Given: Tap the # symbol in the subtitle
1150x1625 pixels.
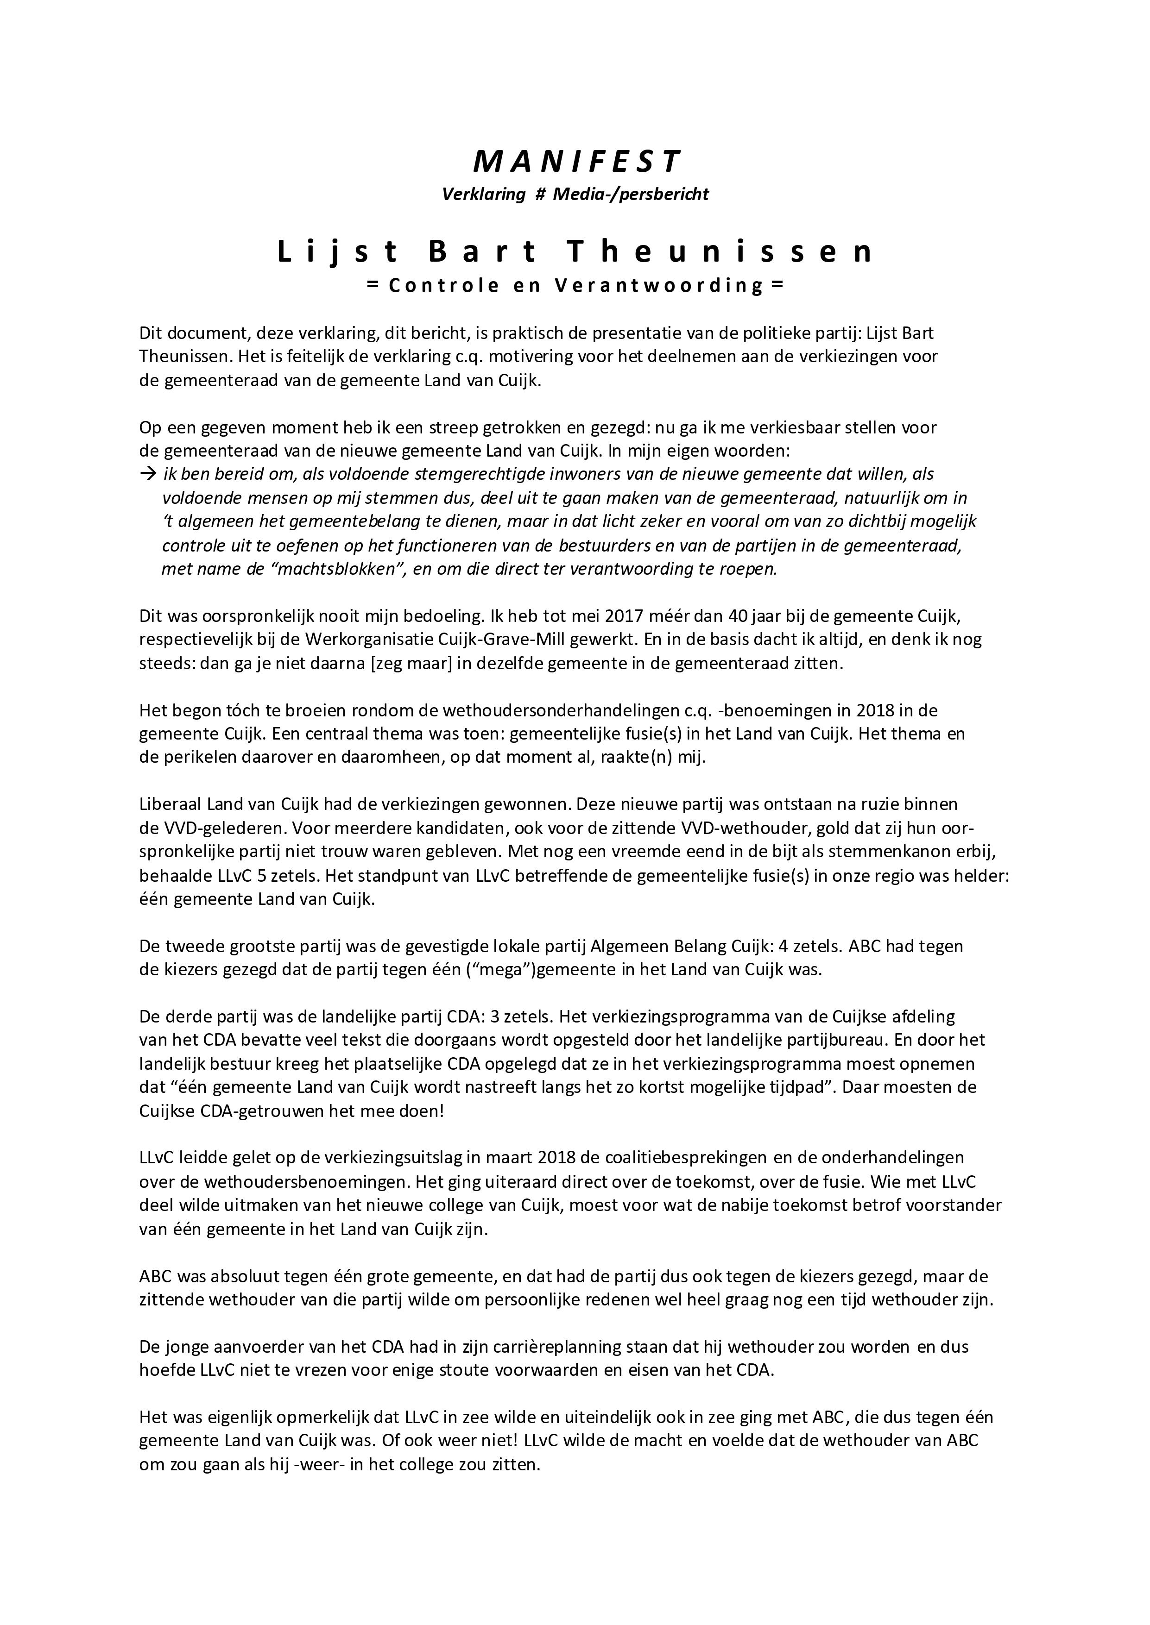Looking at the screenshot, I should [x=538, y=194].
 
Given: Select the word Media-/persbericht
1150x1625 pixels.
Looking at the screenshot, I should [x=630, y=194].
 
